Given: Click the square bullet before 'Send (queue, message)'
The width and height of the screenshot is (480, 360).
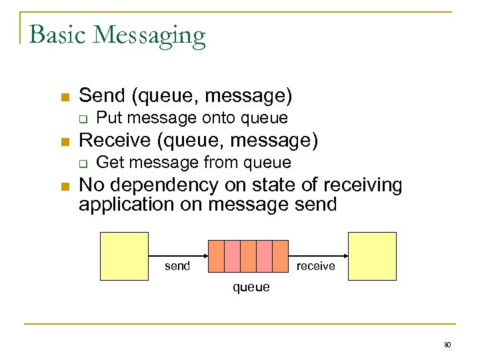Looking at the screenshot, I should [65, 97].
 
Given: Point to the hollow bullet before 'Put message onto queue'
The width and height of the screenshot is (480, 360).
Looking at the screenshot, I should [83, 119].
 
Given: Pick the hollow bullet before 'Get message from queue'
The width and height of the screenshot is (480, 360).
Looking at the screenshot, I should [83, 163].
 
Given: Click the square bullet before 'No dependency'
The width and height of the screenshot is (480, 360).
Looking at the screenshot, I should [65, 186].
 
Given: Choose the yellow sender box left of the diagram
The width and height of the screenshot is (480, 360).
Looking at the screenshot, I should [124, 256].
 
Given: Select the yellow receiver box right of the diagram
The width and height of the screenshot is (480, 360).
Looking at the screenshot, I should [372, 256].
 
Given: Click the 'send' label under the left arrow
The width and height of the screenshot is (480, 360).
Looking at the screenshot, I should [177, 266].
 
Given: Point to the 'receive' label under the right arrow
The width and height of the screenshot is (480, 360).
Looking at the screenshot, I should [315, 266].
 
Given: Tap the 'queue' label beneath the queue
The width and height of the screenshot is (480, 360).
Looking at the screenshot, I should [251, 287].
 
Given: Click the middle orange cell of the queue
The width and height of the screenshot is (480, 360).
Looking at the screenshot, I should [248, 256].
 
